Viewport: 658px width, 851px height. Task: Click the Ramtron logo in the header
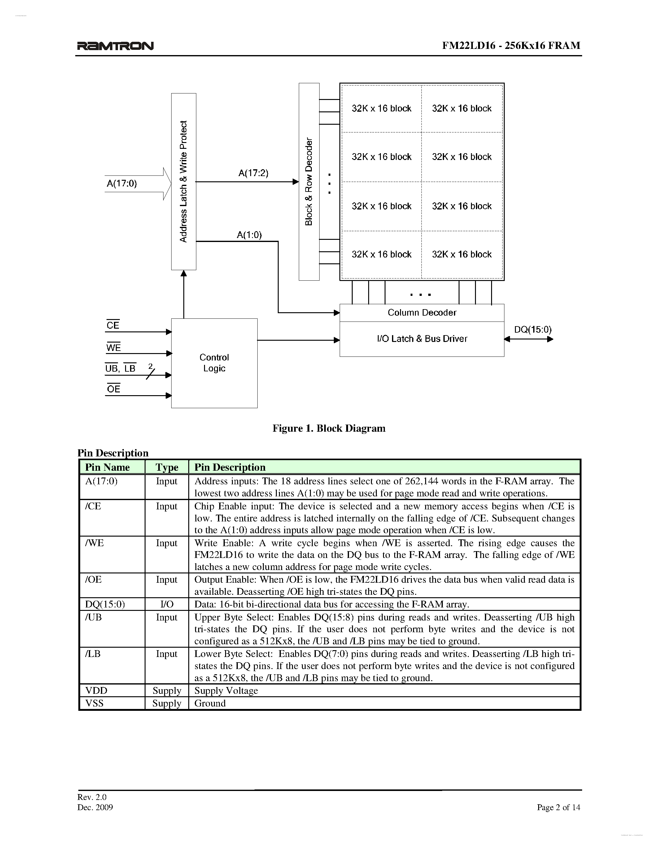coord(115,46)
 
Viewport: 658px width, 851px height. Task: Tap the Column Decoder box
coord(422,313)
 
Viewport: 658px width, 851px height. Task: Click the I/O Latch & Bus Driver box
coord(422,339)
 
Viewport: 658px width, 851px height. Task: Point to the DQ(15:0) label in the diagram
coord(533,330)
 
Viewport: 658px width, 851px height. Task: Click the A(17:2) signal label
coord(253,173)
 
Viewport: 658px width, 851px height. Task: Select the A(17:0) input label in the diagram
coord(122,183)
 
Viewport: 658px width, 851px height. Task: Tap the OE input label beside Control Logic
coord(113,389)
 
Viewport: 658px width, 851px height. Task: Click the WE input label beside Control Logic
coord(113,348)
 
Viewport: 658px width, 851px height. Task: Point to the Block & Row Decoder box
coord(309,182)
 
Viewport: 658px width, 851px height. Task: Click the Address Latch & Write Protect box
coord(184,182)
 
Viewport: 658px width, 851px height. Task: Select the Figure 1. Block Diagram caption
coord(329,428)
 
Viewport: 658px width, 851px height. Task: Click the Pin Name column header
coord(107,467)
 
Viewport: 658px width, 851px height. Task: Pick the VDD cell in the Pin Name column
coord(96,690)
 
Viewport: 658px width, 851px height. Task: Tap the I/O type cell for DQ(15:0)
coord(167,604)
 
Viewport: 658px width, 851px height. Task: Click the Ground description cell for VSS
coord(210,703)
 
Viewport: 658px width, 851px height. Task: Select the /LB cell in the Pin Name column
coord(93,654)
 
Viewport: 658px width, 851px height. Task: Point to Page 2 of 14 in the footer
coord(558,807)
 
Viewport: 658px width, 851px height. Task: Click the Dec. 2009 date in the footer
coord(95,807)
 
